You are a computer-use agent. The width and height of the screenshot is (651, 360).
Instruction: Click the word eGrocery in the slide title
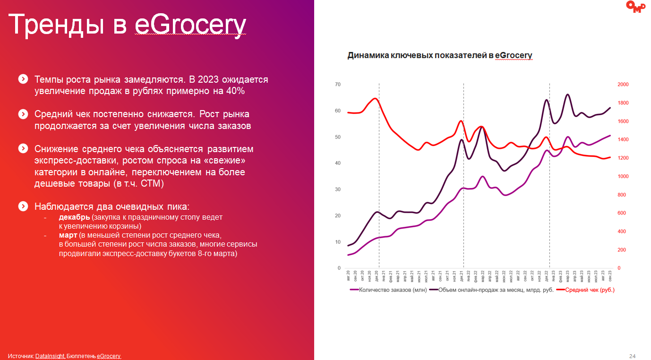pos(190,25)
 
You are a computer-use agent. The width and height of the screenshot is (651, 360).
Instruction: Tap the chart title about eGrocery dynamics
pos(440,55)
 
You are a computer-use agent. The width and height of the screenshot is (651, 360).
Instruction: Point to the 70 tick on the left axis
pos(338,85)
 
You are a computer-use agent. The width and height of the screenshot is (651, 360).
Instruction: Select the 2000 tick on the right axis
pos(623,85)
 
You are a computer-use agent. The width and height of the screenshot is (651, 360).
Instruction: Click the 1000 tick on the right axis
pos(623,176)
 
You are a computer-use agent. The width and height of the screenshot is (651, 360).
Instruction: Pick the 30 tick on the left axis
pos(338,189)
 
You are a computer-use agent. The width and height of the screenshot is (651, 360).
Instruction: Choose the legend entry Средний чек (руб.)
pos(590,290)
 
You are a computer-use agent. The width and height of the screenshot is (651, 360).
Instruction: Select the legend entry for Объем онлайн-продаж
pos(496,290)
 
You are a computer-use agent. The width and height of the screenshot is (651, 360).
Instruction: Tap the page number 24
pos(633,356)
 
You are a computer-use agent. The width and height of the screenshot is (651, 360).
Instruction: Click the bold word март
pos(68,235)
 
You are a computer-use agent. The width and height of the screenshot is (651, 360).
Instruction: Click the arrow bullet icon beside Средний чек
pos(23,114)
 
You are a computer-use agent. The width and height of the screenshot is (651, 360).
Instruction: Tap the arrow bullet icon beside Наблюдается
pos(23,206)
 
